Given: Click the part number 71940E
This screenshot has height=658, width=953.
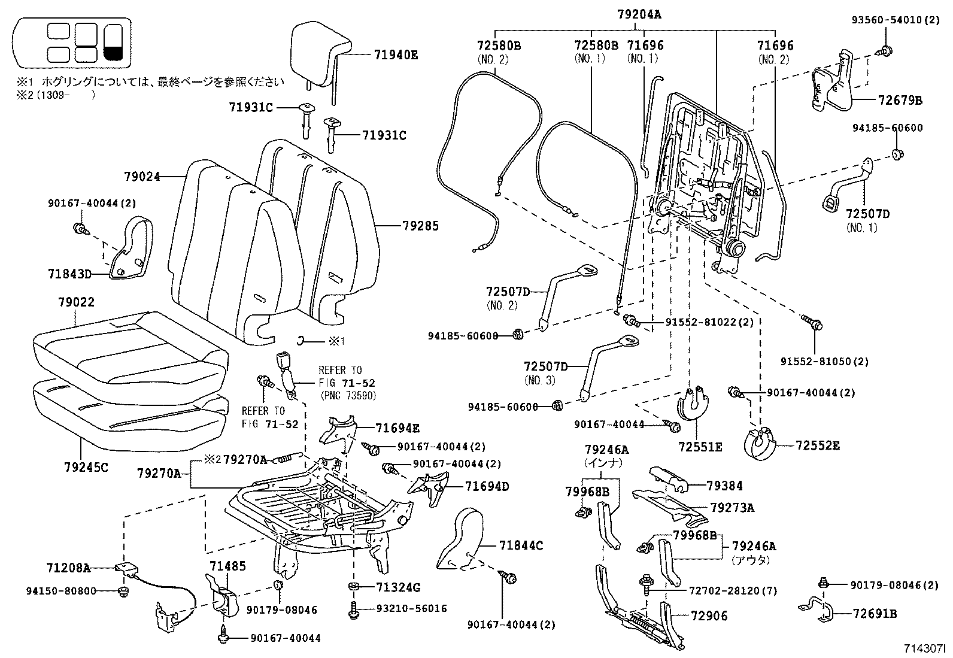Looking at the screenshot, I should coord(396,54).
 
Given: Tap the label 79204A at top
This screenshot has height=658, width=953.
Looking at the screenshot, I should coord(639,14).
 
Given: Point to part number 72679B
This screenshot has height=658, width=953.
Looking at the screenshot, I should coord(900,101).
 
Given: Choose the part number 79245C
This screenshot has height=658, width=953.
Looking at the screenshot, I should coord(86,467).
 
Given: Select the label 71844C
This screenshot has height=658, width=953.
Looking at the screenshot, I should coord(521,545).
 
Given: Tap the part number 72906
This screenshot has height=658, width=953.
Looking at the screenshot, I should coord(709,615).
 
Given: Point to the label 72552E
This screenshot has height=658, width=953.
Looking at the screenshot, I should coord(818,445).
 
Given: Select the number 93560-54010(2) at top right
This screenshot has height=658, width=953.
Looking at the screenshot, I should coord(896,20).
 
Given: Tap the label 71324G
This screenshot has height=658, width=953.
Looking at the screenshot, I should coord(398,587).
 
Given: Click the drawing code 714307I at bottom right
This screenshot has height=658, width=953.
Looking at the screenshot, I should coord(924,648).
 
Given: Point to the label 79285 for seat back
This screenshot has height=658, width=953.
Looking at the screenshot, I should coord(420,226).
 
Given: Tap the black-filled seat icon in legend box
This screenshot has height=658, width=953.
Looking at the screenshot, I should coord(113,43).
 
